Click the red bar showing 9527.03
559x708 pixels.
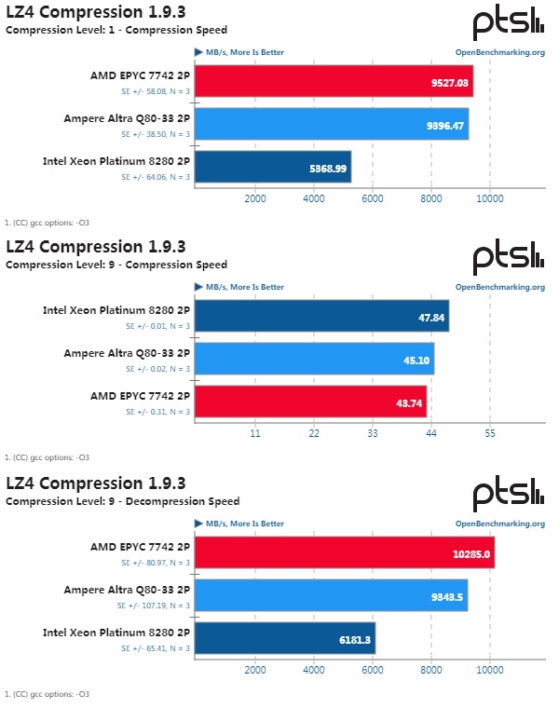coord(334,81)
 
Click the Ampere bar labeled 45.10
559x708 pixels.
coord(314,359)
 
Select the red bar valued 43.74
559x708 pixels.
coord(310,402)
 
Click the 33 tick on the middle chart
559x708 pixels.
coord(373,433)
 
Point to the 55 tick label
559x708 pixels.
coord(490,433)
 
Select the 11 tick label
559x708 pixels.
coord(255,433)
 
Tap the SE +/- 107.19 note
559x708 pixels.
coord(153,605)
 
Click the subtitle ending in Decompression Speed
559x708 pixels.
coord(122,501)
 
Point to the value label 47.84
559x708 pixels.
coord(430,318)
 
